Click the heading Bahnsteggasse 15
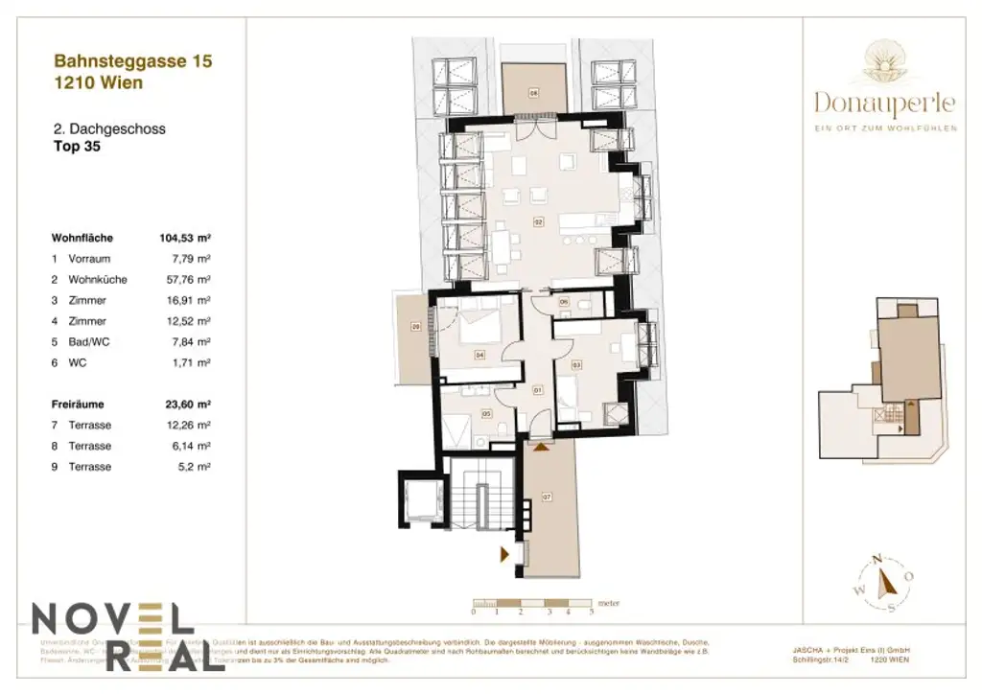(132, 61)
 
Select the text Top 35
(76, 148)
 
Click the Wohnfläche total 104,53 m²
(184, 238)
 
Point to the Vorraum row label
(89, 259)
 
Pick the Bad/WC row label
(88, 342)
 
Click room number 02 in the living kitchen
(538, 222)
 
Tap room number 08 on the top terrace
(533, 93)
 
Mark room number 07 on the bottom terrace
(548, 497)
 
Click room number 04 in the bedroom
(479, 355)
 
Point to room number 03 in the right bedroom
(577, 365)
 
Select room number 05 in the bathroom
(486, 414)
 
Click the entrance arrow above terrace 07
(543, 445)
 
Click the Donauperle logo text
(885, 102)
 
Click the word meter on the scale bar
(608, 603)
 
